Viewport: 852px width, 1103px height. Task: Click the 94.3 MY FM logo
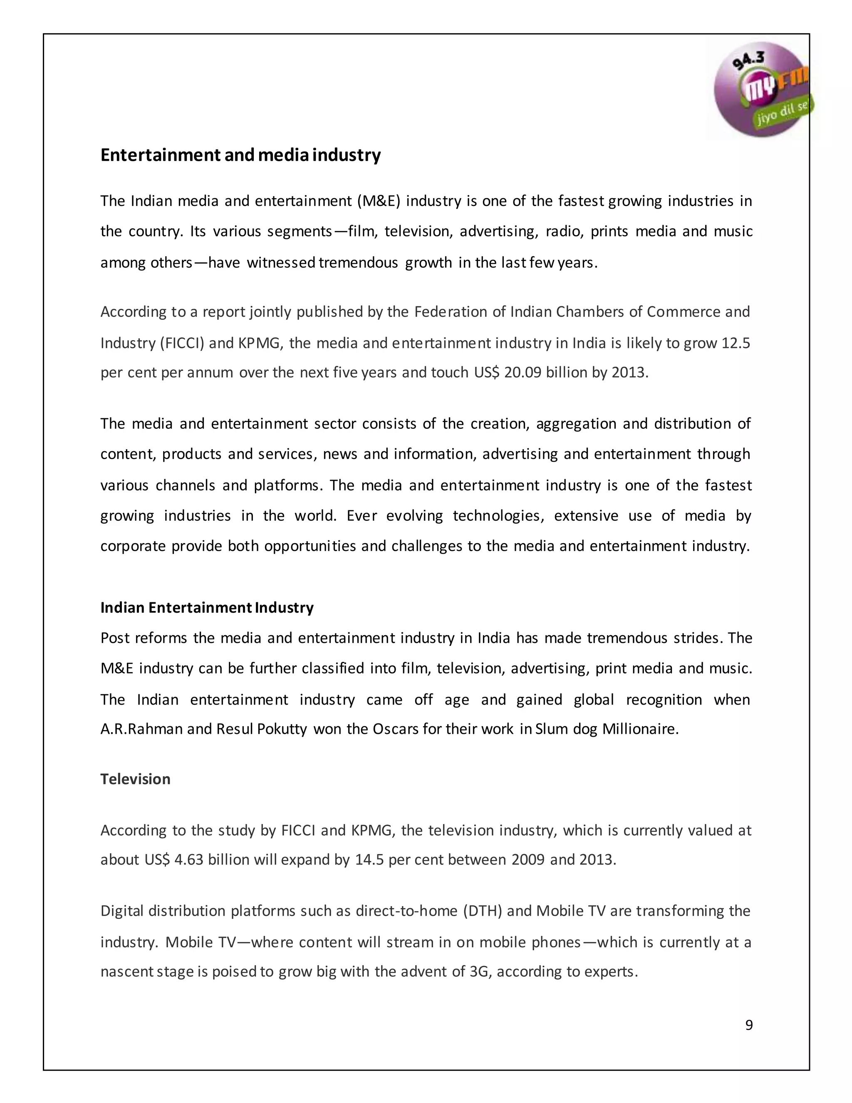tap(762, 89)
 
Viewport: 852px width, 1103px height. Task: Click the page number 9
tap(749, 1025)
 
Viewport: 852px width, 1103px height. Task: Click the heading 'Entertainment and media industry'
tap(240, 155)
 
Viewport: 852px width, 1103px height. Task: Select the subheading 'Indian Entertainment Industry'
tap(207, 608)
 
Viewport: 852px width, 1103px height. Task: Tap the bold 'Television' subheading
tap(135, 779)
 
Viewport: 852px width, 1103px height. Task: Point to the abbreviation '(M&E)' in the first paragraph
tap(379, 201)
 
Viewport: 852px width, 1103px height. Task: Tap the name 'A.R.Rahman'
tap(141, 729)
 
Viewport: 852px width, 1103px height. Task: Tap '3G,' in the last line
tap(480, 972)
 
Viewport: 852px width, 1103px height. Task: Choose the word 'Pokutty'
tap(282, 729)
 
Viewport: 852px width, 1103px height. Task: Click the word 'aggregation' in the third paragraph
tap(576, 423)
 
